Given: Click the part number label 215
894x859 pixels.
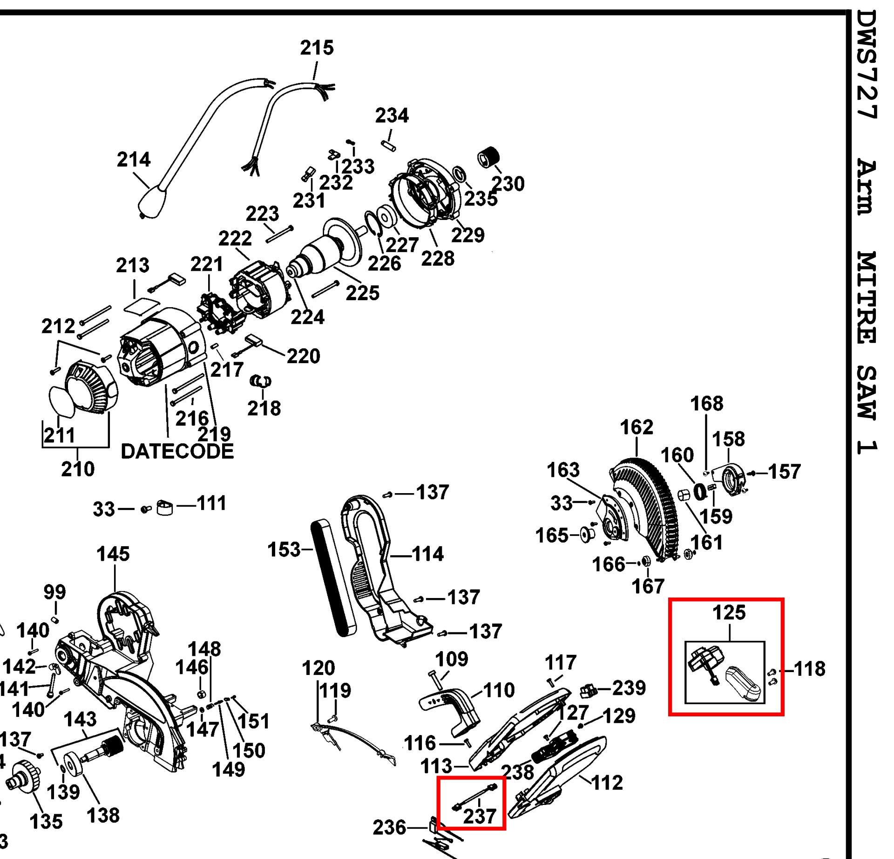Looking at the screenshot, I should point(317,48).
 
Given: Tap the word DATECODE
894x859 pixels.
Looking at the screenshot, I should point(177,451).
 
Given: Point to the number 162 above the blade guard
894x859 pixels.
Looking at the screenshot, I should point(637,427).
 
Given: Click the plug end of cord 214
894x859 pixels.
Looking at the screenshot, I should point(153,202).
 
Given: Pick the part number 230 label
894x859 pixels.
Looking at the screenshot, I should point(508,184).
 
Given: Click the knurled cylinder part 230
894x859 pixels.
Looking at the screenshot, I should point(488,158).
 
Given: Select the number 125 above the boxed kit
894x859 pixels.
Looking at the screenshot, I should point(729,612).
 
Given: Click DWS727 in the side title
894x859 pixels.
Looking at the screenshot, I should point(867,70).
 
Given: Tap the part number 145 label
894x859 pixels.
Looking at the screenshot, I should point(113,554).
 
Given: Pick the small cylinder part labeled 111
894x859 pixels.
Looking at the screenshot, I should point(164,508).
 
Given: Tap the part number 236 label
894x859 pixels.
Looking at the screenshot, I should point(390,827).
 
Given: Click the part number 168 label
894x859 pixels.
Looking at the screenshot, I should point(706,404).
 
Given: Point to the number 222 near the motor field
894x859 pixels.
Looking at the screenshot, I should point(235,239).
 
